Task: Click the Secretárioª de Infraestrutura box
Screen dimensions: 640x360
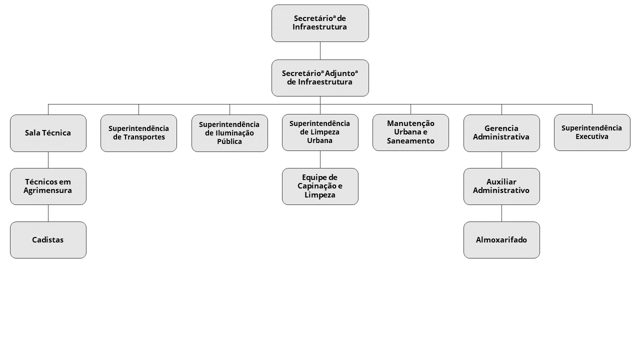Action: pyautogui.click(x=320, y=23)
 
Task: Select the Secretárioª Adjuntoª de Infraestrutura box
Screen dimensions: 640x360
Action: pyautogui.click(x=320, y=78)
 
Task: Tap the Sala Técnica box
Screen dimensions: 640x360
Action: pyautogui.click(x=48, y=133)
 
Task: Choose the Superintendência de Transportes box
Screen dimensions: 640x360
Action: pyautogui.click(x=138, y=133)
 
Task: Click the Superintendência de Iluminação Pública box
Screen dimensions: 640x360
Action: pyautogui.click(x=229, y=133)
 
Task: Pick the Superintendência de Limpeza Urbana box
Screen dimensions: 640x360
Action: pyautogui.click(x=320, y=132)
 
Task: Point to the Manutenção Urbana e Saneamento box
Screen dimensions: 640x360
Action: pyautogui.click(x=410, y=132)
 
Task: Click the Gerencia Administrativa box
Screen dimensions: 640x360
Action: pyautogui.click(x=501, y=133)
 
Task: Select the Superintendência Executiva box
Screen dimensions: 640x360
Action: pyautogui.click(x=592, y=132)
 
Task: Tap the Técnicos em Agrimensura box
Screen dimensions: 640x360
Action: pyautogui.click(x=48, y=186)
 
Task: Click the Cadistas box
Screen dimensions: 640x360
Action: pyautogui.click(x=48, y=240)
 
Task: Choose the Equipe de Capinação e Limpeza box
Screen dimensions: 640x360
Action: pyautogui.click(x=320, y=186)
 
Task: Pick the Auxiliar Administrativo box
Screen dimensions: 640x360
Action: pyautogui.click(x=501, y=186)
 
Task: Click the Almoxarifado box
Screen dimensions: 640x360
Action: pyautogui.click(x=501, y=240)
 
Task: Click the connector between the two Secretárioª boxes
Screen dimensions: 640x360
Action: pyautogui.click(x=320, y=51)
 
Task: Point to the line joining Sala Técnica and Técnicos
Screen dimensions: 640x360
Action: pyautogui.click(x=48, y=160)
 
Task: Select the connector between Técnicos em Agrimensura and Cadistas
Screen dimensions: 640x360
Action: pyautogui.click(x=48, y=213)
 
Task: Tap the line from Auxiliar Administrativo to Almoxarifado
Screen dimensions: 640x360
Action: pyautogui.click(x=501, y=213)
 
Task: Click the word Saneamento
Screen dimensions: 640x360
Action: pyautogui.click(x=410, y=141)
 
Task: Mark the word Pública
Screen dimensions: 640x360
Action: pyautogui.click(x=229, y=141)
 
